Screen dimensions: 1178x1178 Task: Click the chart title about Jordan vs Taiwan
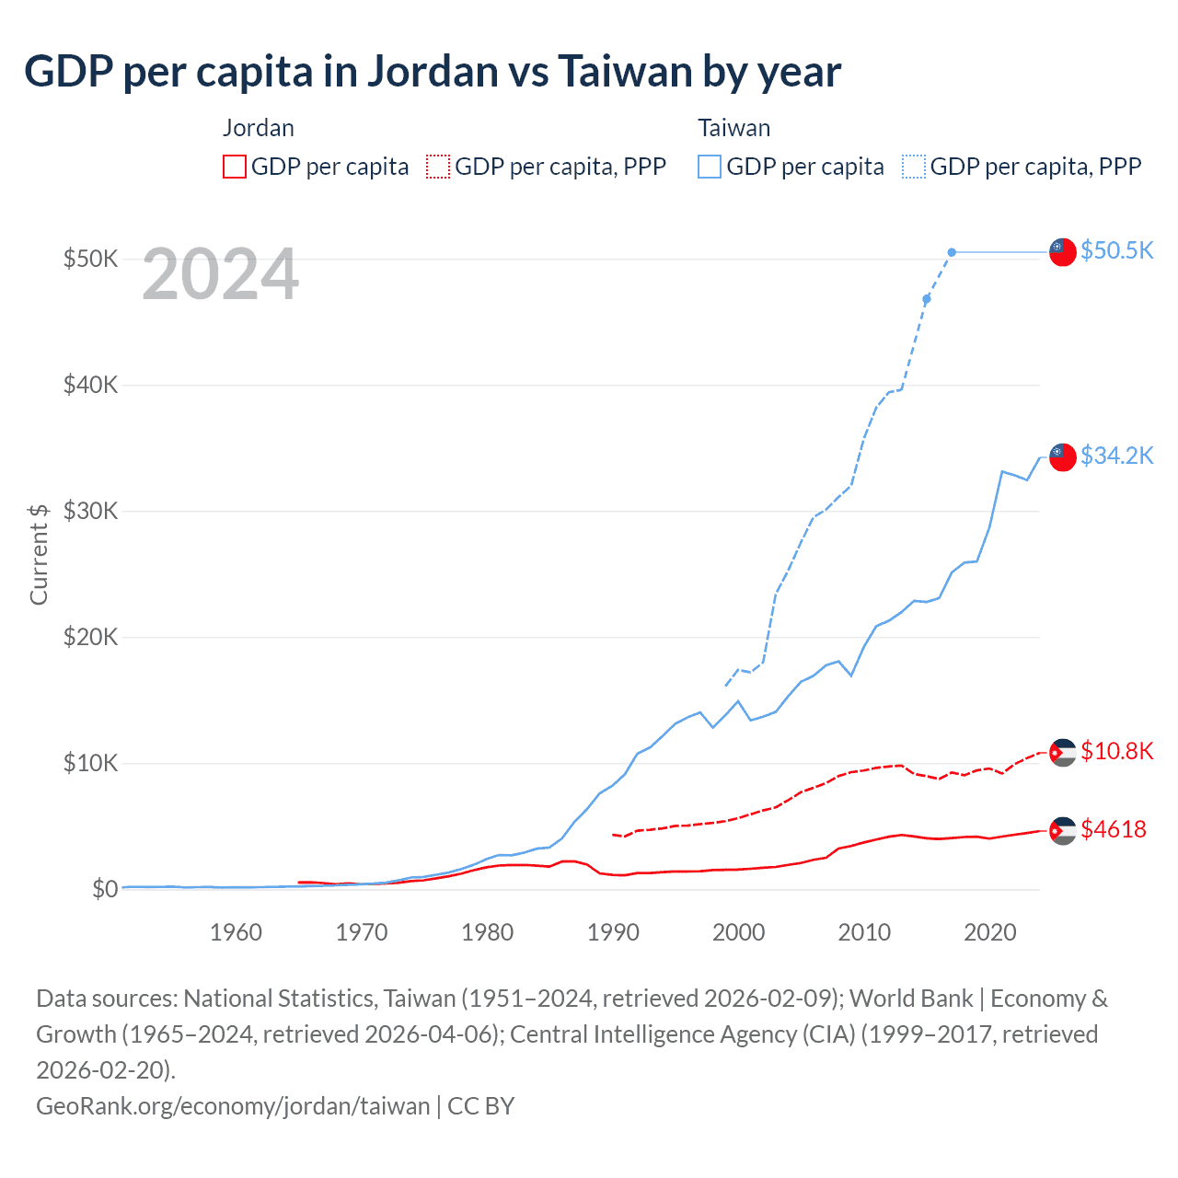click(x=433, y=72)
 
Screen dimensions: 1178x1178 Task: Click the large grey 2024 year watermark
click(x=221, y=274)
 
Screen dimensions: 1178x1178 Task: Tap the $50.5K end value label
click(x=1116, y=250)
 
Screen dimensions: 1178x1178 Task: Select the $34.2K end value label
click(x=1116, y=456)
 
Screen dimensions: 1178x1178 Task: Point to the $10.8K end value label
click(x=1116, y=751)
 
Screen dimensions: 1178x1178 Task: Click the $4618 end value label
click(x=1114, y=829)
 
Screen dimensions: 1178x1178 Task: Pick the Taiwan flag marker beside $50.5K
click(x=1063, y=251)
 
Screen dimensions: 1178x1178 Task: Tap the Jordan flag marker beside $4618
click(x=1063, y=830)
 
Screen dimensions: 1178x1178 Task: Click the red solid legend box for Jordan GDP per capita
click(x=235, y=167)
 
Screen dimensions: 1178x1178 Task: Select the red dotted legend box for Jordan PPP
click(x=438, y=167)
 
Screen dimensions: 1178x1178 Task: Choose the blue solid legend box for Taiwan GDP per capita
click(x=710, y=167)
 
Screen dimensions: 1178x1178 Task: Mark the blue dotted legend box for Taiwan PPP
click(x=914, y=167)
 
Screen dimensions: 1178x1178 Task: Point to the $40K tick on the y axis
click(x=90, y=385)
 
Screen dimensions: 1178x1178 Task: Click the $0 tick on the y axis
click(x=105, y=889)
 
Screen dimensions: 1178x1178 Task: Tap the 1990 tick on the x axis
click(x=613, y=932)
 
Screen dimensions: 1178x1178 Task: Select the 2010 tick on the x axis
click(x=864, y=932)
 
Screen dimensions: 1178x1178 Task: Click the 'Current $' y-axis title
click(x=39, y=554)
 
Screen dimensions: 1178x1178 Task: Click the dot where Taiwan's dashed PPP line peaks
click(x=952, y=252)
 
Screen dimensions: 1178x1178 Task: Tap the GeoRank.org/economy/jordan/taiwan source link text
click(x=233, y=1105)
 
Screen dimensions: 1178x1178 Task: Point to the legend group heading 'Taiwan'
click(x=733, y=128)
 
